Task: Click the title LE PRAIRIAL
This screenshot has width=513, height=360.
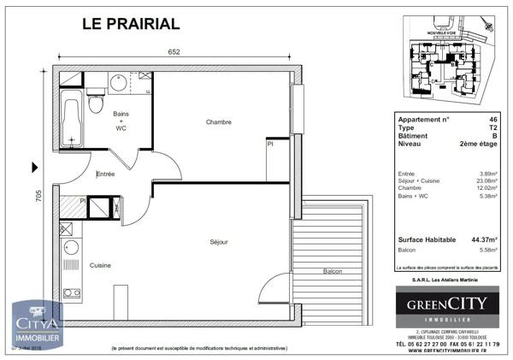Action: point(130,23)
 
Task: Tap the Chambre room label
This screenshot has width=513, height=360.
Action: point(219,123)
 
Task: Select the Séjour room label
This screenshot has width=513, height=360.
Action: point(219,243)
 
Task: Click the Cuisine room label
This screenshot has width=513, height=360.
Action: point(100,265)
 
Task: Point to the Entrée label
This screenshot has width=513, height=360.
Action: point(105,174)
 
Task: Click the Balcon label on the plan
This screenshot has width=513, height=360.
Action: point(333,272)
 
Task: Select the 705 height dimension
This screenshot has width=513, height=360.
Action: point(38,197)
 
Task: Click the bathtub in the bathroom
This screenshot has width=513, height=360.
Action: point(72,119)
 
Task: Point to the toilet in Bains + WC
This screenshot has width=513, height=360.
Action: point(97,103)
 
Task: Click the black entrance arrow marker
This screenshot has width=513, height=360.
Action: point(34,167)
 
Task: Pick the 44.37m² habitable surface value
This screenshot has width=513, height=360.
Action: point(486,240)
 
